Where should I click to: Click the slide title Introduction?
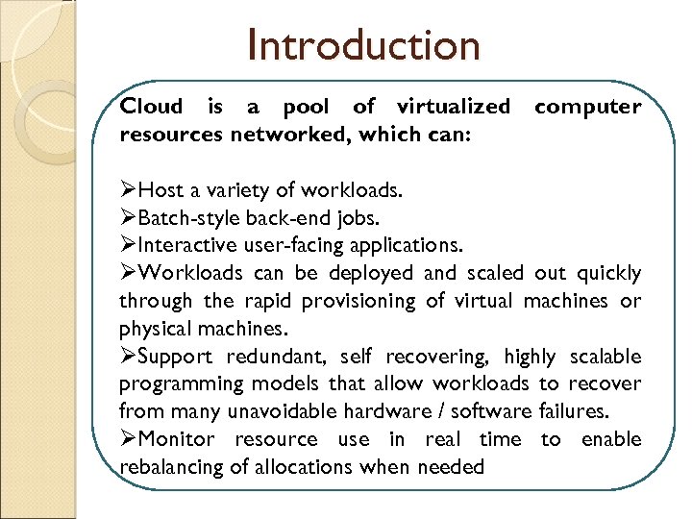[x=362, y=45]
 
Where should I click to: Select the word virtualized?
[x=449, y=107]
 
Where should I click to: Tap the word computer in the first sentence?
[x=587, y=107]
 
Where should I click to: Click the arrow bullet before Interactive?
[x=129, y=246]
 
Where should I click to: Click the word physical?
[x=152, y=329]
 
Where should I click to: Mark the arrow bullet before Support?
[x=129, y=357]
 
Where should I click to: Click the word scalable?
[x=605, y=357]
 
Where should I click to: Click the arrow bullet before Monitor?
[x=129, y=439]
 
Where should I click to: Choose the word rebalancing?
[x=172, y=467]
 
